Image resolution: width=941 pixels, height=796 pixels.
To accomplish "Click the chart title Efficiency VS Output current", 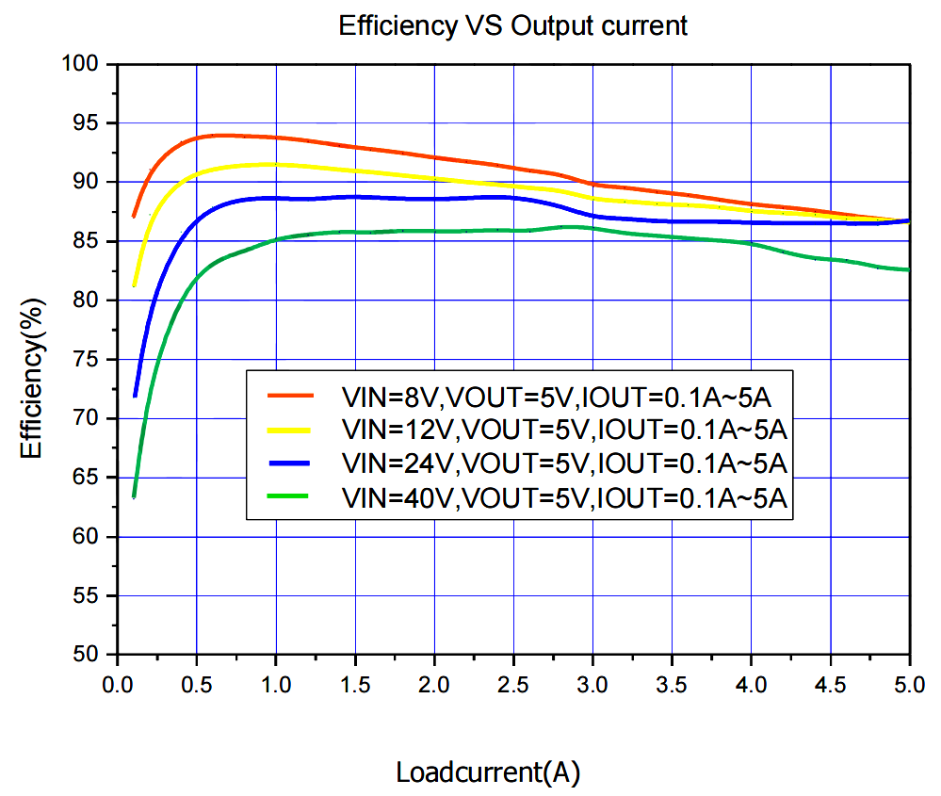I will point(513,26).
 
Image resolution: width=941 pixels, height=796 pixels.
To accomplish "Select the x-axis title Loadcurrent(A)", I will point(487,773).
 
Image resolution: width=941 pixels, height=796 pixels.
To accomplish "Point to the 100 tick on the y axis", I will point(84,64).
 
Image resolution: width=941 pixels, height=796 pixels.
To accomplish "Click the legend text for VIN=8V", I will point(564,396).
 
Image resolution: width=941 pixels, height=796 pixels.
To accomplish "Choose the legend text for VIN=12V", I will point(564,430).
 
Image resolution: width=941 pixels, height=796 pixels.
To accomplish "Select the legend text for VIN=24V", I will point(564,463).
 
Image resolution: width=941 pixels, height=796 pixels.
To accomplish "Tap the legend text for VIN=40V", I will point(564,497).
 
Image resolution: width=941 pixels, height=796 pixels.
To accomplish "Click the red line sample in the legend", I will point(290,395).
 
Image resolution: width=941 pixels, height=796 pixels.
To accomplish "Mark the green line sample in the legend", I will point(290,496).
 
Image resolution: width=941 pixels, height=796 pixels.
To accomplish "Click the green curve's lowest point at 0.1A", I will point(134,496).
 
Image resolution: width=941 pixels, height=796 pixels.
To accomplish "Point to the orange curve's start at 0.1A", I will point(134,216).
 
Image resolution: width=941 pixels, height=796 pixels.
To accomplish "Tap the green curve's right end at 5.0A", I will point(908,270).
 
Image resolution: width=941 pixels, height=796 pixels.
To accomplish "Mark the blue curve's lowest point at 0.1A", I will point(135,396).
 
